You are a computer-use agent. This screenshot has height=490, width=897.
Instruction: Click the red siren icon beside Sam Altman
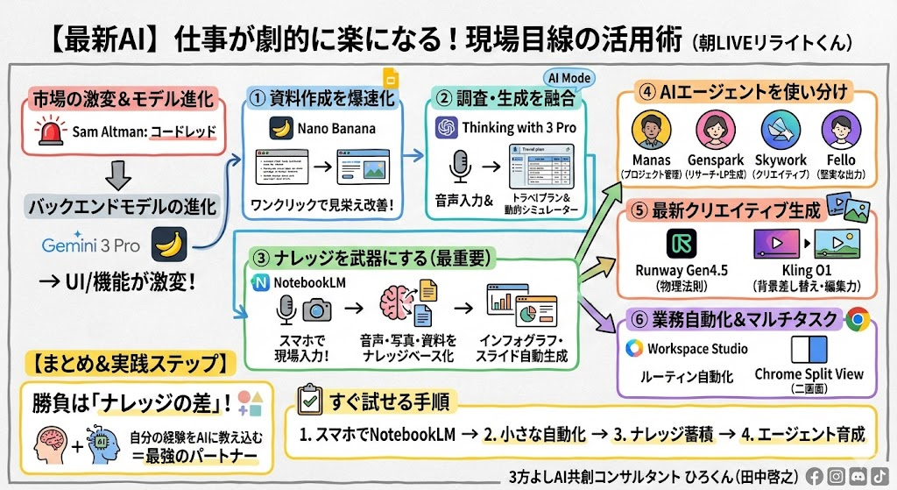click(x=48, y=133)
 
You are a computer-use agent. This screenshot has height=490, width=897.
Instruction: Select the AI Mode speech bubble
click(x=569, y=78)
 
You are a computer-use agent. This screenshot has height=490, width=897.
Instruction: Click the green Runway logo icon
click(x=681, y=242)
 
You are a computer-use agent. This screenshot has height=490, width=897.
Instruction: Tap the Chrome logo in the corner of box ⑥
click(x=858, y=320)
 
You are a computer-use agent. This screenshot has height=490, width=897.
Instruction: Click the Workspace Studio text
click(x=697, y=349)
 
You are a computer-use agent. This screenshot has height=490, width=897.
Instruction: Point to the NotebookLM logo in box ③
click(x=261, y=282)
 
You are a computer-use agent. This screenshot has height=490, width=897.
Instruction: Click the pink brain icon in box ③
click(x=397, y=308)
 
